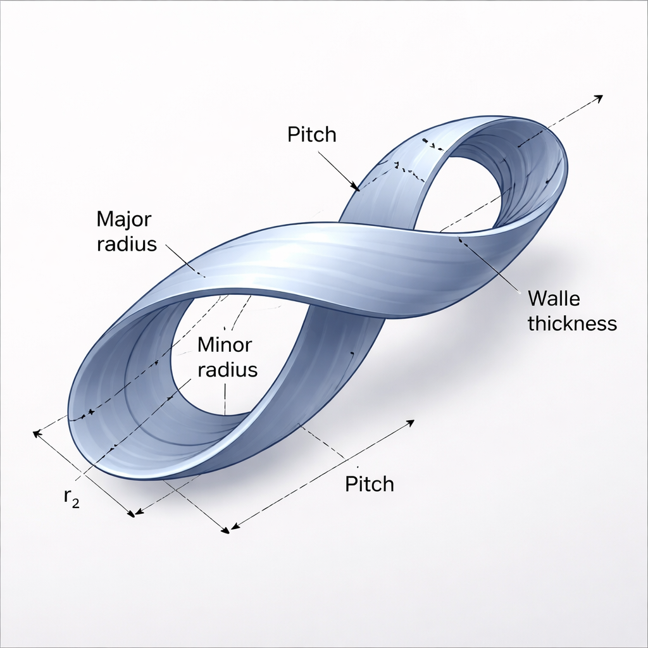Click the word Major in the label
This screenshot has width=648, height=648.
124,220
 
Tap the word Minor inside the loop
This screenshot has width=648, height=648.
225,346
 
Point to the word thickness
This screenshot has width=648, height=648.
572,323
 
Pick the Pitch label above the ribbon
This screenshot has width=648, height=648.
311,134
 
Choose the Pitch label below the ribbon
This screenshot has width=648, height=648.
370,484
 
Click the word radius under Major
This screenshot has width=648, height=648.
127,244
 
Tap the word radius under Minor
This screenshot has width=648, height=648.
228,370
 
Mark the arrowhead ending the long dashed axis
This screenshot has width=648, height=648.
598,97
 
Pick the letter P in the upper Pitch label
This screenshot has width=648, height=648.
292,134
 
